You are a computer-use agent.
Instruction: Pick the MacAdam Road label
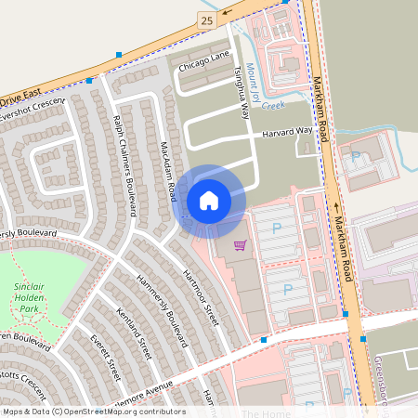click(x=168, y=173)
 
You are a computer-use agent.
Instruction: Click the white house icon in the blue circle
click(x=209, y=200)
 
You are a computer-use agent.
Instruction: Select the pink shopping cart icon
click(x=240, y=244)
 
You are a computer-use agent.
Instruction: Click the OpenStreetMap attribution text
click(x=93, y=411)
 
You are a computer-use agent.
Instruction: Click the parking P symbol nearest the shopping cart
click(x=275, y=227)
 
